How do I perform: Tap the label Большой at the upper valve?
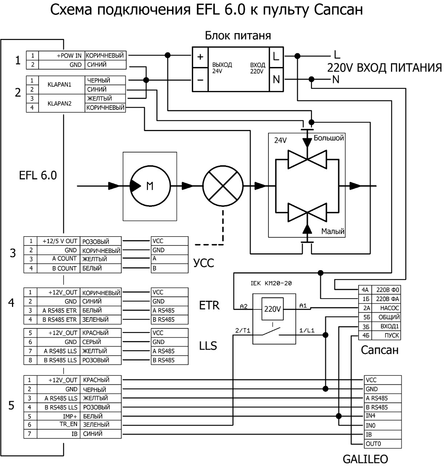[328, 138]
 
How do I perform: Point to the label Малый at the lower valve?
[333, 231]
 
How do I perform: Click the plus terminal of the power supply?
[200, 57]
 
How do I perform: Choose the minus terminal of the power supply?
[200, 80]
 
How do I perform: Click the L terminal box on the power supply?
[276, 57]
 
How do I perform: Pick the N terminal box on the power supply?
[276, 79]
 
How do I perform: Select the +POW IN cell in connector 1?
[62, 56]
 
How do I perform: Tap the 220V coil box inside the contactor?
[272, 309]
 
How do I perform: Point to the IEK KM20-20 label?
[271, 283]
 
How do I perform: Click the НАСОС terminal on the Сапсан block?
[386, 308]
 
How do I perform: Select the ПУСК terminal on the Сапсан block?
[386, 335]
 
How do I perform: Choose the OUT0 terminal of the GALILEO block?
[383, 444]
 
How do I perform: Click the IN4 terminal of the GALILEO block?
[383, 416]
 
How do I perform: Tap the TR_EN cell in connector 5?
[59, 424]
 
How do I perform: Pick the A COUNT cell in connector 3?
[59, 259]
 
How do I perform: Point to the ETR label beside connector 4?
[209, 305]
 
